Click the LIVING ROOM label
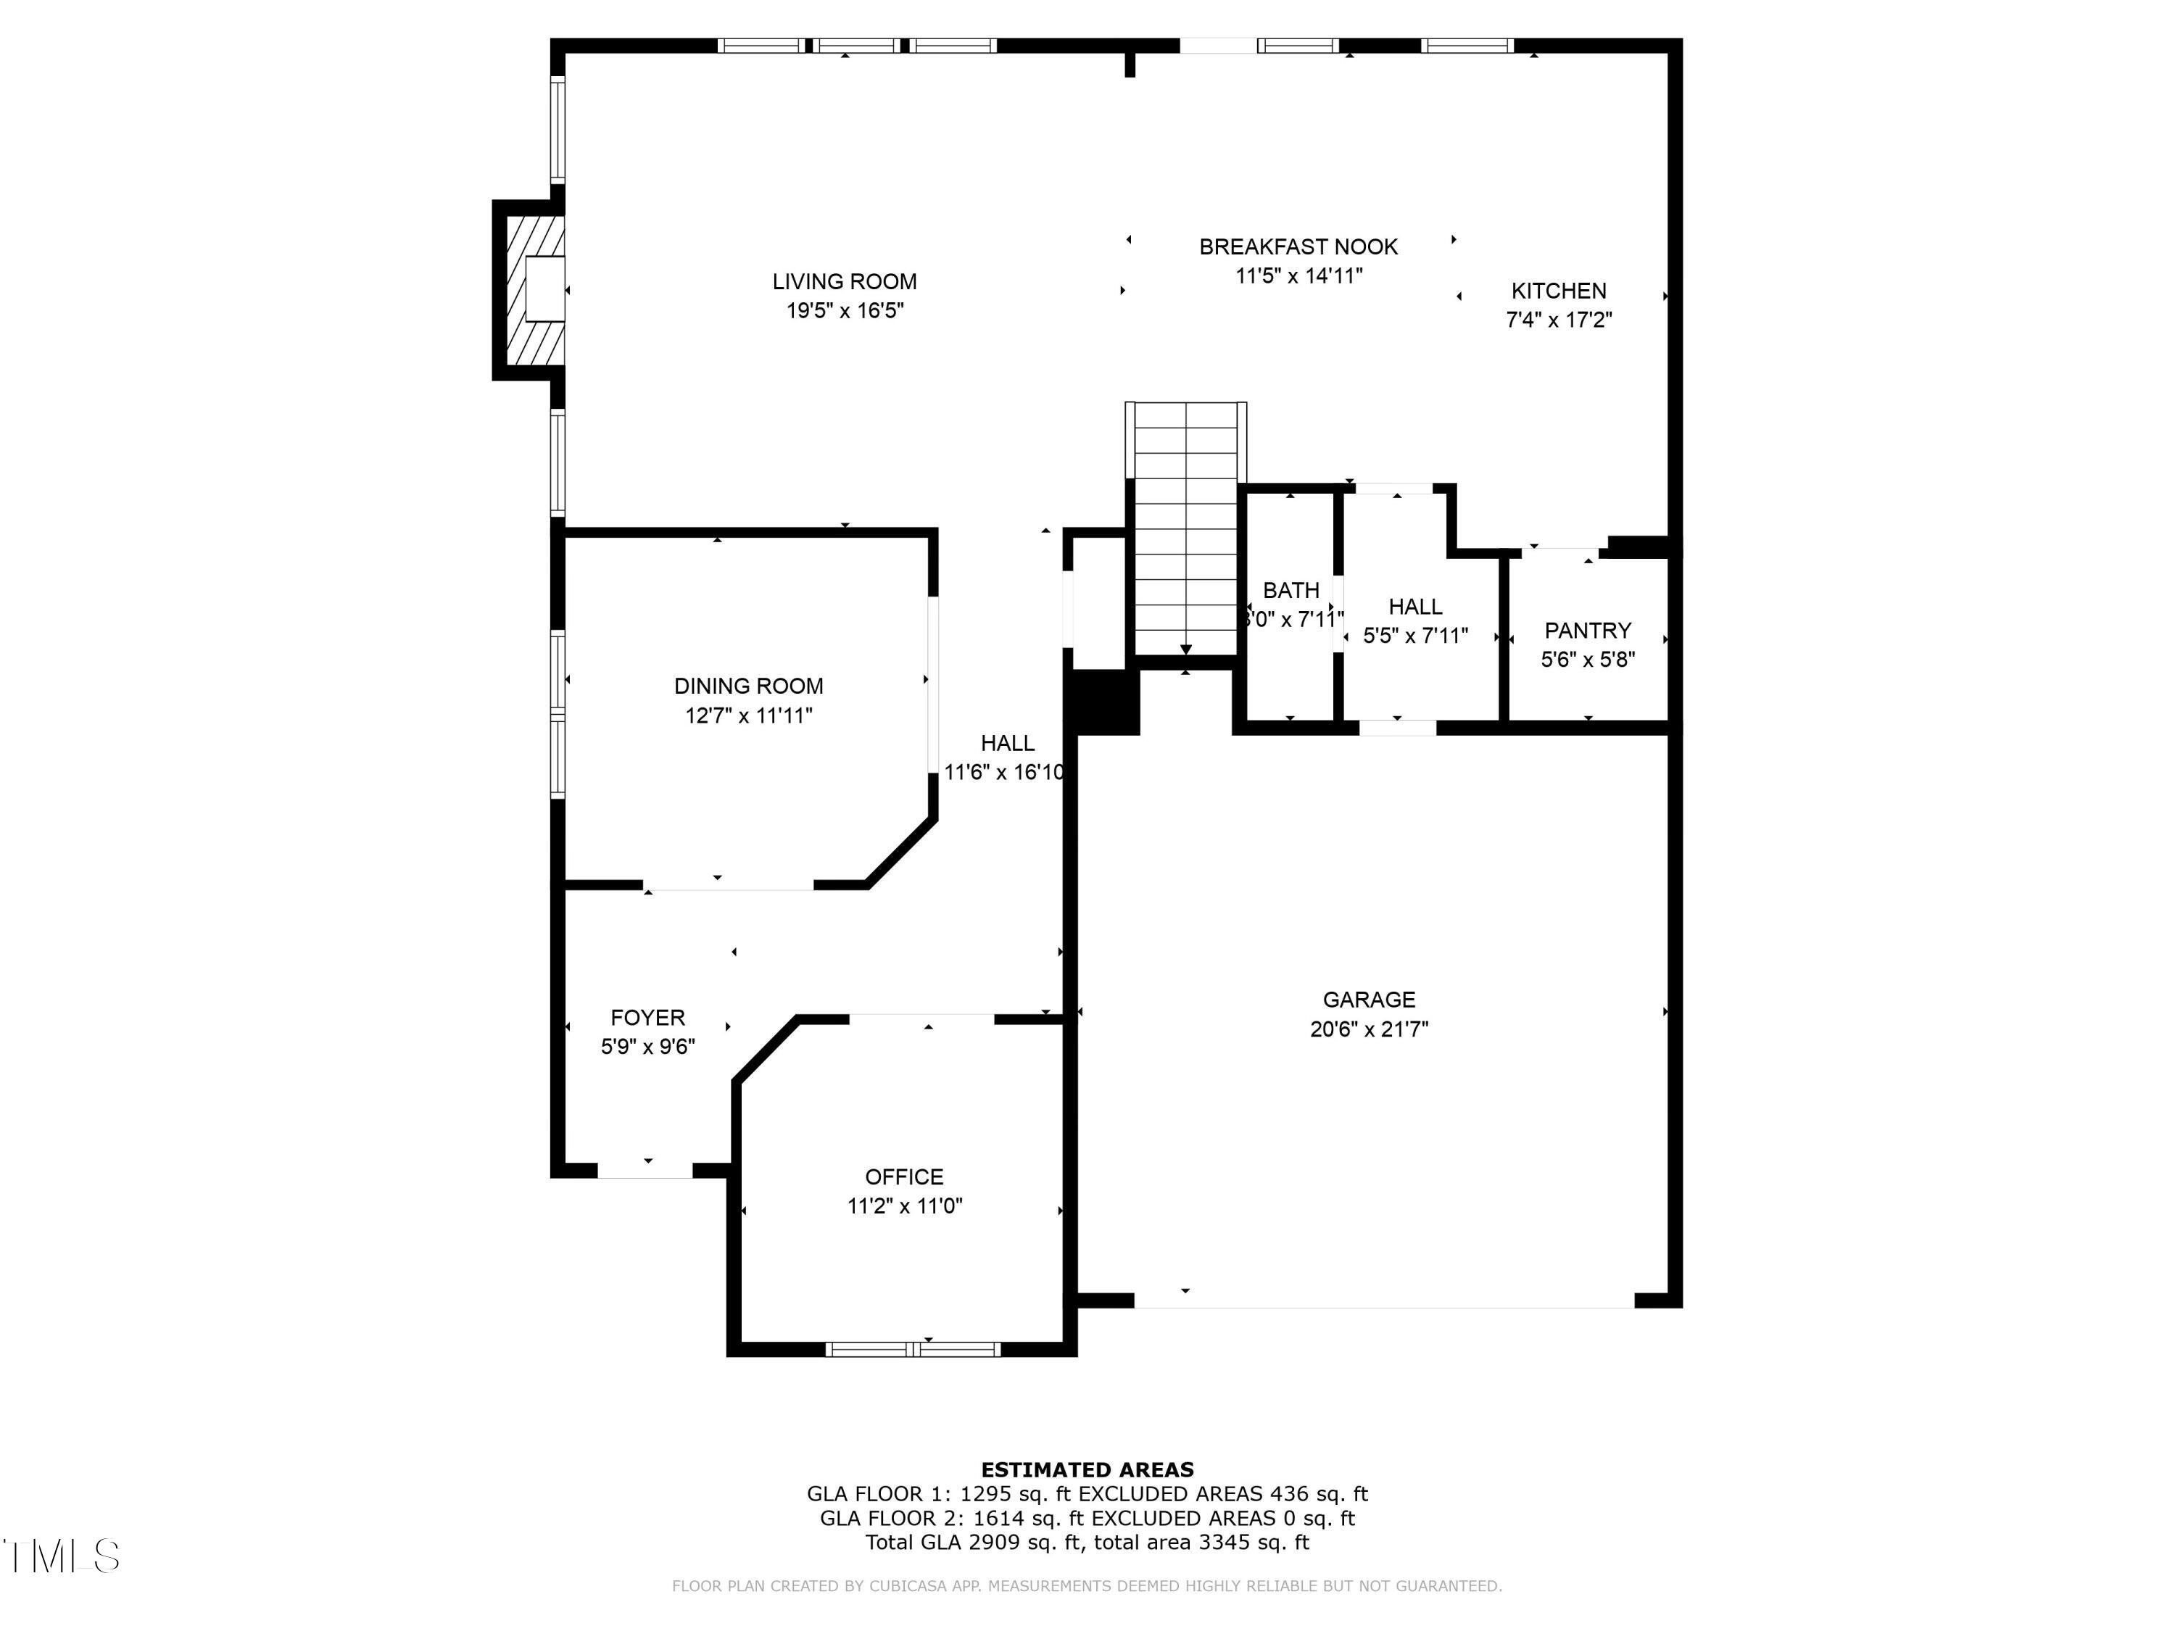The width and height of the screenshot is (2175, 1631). (x=844, y=282)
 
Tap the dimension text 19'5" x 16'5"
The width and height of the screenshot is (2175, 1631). (x=844, y=312)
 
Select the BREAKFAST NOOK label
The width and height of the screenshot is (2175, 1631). (x=1298, y=246)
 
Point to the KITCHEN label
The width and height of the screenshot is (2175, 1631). (x=1559, y=291)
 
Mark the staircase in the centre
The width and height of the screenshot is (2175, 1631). (x=1186, y=531)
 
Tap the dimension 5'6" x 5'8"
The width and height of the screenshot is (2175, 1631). (x=1587, y=660)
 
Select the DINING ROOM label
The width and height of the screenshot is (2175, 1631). (x=748, y=686)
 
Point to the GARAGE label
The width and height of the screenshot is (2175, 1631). (x=1369, y=1000)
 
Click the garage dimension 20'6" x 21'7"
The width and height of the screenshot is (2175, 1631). (x=1369, y=1029)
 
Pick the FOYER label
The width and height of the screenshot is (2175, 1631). (x=647, y=1018)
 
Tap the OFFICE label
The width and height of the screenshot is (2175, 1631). (x=903, y=1176)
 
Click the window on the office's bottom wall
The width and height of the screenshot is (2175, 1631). (x=913, y=1349)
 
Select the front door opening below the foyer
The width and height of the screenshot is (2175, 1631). (x=645, y=1170)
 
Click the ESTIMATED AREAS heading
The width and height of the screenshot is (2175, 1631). (x=1087, y=1470)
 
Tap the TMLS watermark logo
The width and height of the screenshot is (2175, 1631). (x=61, y=1556)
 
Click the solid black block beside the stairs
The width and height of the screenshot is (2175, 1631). (x=1103, y=702)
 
